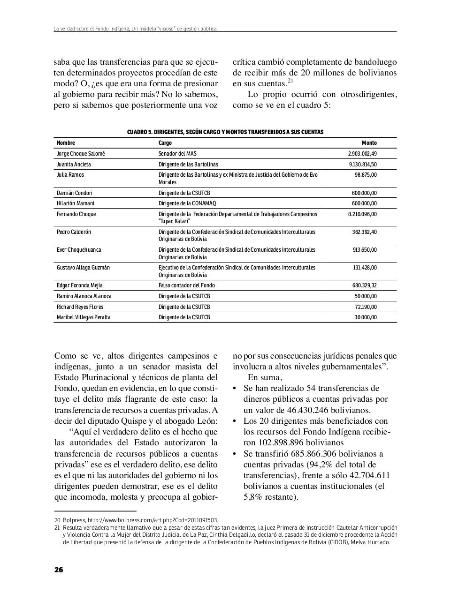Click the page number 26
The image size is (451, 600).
point(59,570)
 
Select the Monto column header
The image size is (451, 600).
point(369,143)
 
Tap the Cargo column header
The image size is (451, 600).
point(165,143)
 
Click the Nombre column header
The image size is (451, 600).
point(66,143)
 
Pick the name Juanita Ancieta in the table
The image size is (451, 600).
point(74,165)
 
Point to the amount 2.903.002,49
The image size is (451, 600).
point(362,154)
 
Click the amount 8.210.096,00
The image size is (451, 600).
point(362,214)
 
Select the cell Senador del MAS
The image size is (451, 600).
point(177,154)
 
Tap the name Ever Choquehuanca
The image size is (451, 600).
point(79,250)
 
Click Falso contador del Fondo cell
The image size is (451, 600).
point(186,285)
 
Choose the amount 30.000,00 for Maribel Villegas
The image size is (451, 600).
point(365,317)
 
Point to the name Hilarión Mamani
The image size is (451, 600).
point(75,203)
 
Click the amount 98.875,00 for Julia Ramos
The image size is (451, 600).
point(365,175)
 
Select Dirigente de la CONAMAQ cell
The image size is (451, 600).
point(187,203)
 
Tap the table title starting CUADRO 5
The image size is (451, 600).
point(225,132)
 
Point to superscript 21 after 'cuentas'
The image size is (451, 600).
point(290,81)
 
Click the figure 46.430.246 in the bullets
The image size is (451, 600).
point(307,410)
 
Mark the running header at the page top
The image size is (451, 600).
point(135,29)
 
